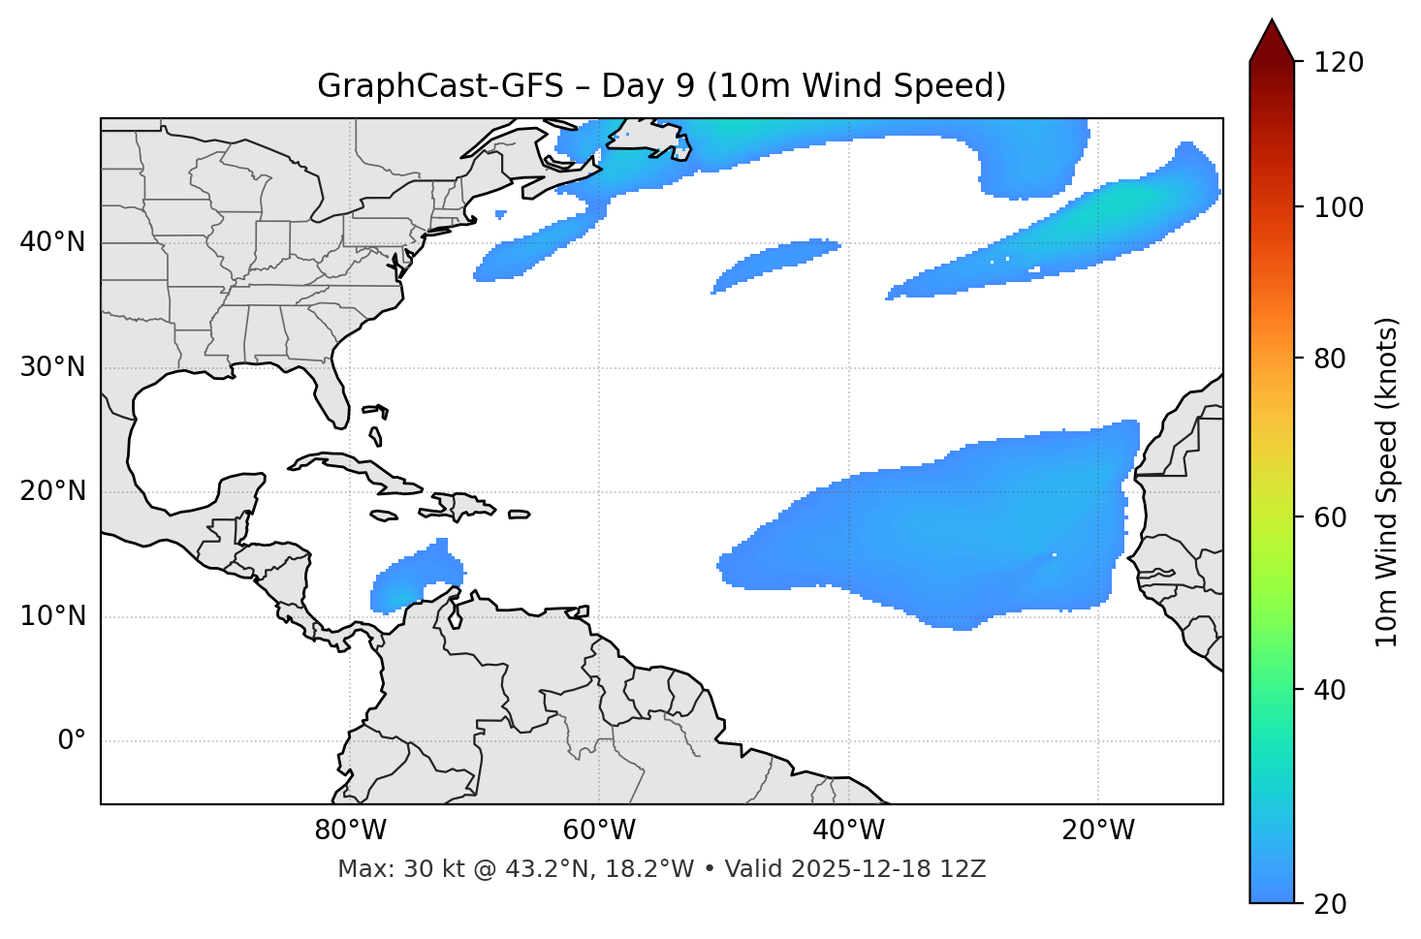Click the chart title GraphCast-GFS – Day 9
tap(661, 86)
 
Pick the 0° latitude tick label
tap(72, 741)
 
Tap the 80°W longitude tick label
tap(350, 830)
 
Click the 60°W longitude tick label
tap(599, 830)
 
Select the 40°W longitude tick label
tap(848, 830)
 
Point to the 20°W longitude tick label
tap(1097, 830)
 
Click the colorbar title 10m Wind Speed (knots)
tap(1387, 482)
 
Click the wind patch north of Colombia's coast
tap(412, 578)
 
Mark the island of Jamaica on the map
tap(384, 516)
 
